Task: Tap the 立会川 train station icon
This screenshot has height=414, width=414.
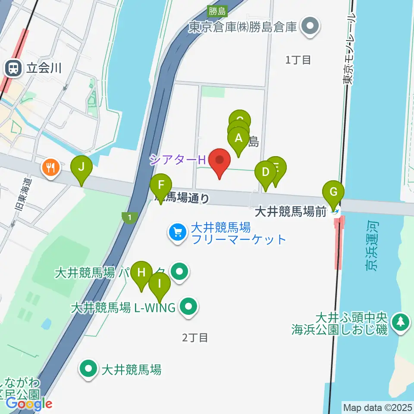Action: pos(13,68)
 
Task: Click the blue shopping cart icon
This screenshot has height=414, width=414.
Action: pos(178,233)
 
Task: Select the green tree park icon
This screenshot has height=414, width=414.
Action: pos(401,323)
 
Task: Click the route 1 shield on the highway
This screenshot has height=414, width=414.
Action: pos(129,218)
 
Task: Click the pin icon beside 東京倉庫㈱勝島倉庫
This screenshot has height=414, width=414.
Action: pos(310,27)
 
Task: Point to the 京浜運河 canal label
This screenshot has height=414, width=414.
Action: pos(372,247)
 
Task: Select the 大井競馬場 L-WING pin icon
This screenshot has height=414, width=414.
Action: pos(188,307)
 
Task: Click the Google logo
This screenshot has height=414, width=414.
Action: pos(28,404)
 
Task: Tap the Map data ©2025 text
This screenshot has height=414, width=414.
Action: pos(377,407)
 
